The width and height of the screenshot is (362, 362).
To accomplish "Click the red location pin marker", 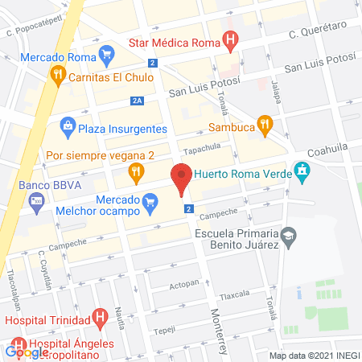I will [x=182, y=179].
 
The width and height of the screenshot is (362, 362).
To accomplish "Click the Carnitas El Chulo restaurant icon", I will [x=58, y=76].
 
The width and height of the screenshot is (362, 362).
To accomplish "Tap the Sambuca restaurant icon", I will [x=265, y=124].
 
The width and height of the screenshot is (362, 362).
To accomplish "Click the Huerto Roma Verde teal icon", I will [x=302, y=170].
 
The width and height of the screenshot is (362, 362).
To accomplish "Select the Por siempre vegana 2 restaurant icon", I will [x=137, y=171].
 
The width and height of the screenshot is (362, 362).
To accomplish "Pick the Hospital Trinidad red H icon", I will [x=100, y=319].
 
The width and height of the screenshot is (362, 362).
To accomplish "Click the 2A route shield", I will [x=138, y=101].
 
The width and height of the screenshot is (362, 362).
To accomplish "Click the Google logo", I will [x=27, y=352].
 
